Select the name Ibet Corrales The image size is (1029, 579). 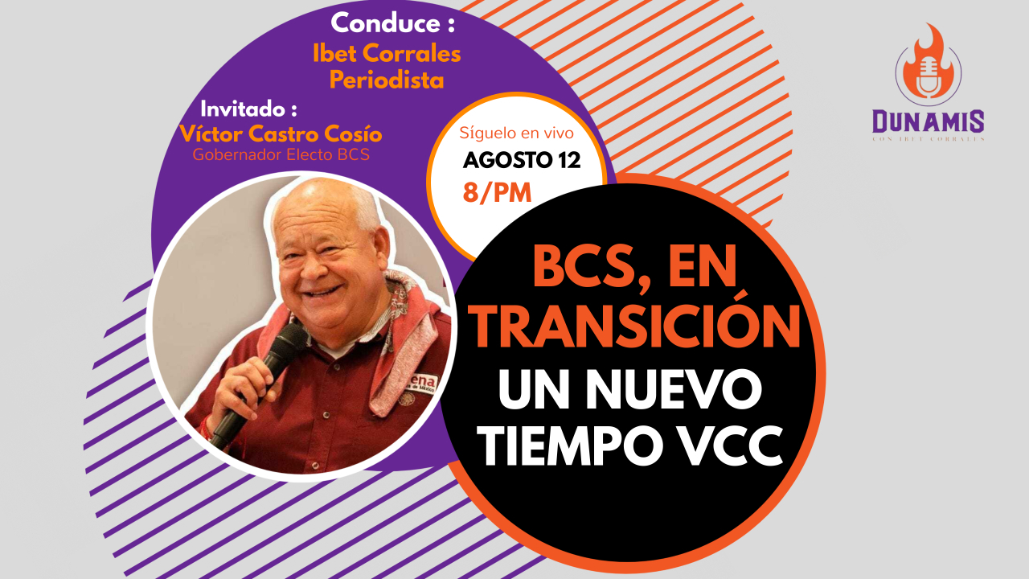tap(387, 55)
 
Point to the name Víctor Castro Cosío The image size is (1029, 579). tap(281, 133)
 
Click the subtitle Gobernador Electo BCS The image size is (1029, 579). tap(281, 155)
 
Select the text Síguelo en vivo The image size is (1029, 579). tap(516, 133)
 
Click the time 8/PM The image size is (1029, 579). tap(497, 192)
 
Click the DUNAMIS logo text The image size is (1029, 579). tap(928, 121)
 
